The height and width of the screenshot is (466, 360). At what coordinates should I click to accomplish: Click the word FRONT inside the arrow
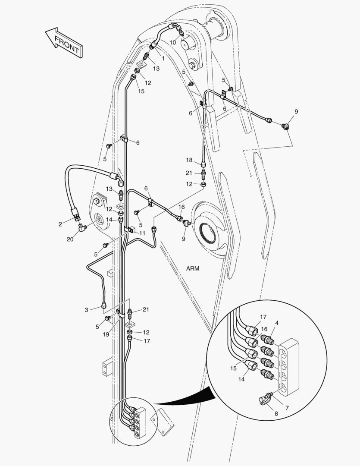66,45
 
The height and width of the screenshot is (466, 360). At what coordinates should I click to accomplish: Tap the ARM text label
193,268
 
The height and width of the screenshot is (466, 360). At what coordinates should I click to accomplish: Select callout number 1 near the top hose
163,58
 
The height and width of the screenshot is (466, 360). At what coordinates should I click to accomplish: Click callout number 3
87,309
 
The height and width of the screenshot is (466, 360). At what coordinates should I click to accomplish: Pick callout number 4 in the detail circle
276,323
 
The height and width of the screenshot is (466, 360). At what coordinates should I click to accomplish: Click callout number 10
172,42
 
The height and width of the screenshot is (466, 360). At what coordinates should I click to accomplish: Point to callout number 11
142,233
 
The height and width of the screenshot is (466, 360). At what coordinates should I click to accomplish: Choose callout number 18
189,160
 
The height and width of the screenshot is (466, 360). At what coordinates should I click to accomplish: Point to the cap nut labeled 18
204,164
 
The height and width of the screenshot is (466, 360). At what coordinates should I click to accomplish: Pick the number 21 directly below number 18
189,173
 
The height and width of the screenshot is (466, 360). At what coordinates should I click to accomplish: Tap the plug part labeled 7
270,394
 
